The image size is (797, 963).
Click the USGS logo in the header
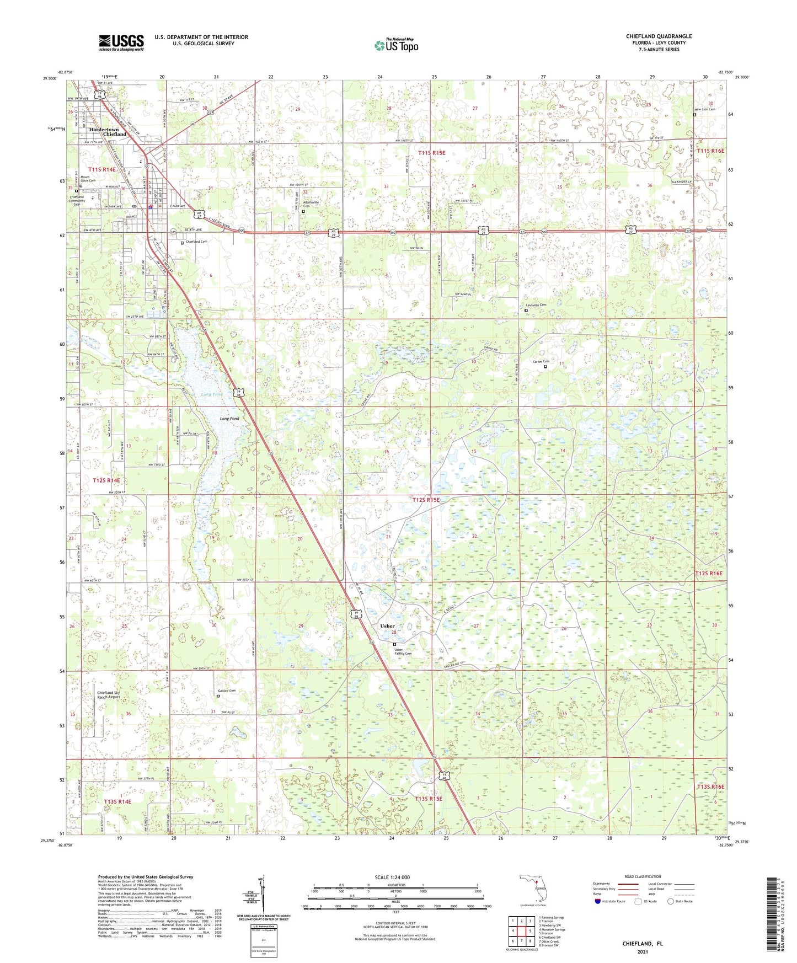click(121, 42)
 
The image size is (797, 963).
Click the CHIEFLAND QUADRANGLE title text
click(659, 36)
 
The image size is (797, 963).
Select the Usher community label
click(387, 626)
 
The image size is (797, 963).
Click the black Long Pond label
click(229, 419)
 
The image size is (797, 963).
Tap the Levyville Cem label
click(534, 305)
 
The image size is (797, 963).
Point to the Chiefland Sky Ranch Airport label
click(108, 695)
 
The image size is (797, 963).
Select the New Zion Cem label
click(704, 109)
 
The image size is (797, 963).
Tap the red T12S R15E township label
click(426, 500)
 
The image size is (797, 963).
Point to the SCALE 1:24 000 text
click(392, 877)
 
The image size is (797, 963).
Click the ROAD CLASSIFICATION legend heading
click(642, 876)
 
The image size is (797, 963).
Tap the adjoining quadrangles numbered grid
click(521, 932)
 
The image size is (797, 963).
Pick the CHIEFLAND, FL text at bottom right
click(643, 944)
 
